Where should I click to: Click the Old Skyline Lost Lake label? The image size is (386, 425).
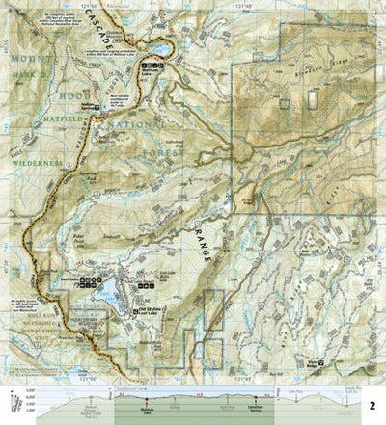154,309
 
